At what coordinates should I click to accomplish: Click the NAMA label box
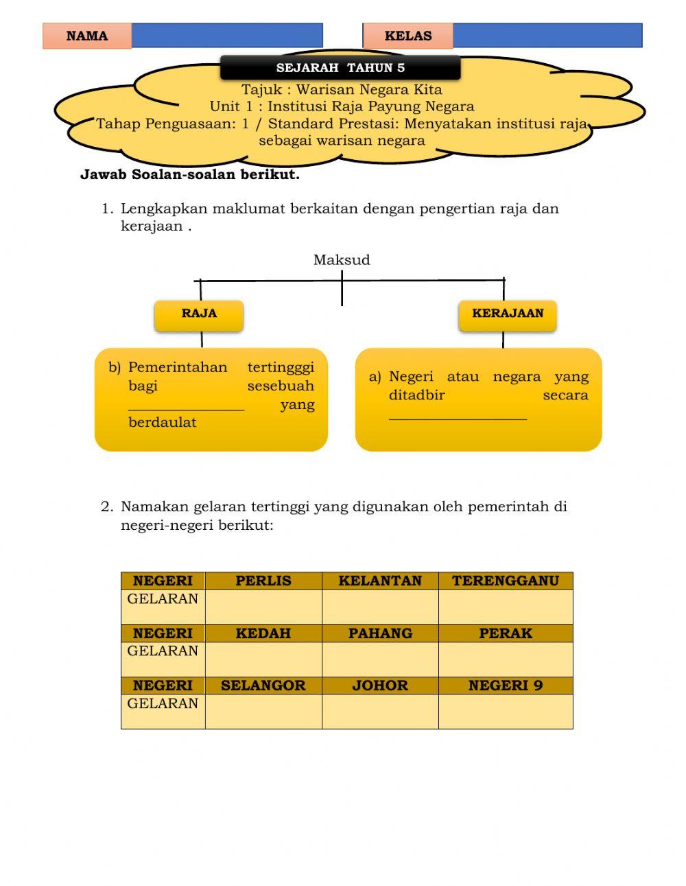(87, 36)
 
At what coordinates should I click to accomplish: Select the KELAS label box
(407, 36)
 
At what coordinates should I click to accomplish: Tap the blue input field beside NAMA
(226, 36)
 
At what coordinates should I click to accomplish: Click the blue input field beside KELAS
(547, 36)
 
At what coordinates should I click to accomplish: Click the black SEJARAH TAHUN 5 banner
(340, 67)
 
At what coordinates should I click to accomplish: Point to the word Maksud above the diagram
(342, 259)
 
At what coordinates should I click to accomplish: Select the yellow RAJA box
(199, 314)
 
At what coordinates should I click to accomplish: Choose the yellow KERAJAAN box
(507, 314)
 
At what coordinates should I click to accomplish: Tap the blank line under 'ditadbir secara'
(458, 413)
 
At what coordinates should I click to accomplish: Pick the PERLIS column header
(263, 581)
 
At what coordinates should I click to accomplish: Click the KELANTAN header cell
(380, 581)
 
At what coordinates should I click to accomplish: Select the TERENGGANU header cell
(506, 581)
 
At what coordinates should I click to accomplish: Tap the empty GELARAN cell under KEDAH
(263, 659)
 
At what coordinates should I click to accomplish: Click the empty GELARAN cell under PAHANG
(380, 659)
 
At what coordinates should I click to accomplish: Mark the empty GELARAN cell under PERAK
(506, 659)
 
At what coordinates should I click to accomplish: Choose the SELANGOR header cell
(263, 685)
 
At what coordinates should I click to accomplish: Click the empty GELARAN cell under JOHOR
(380, 711)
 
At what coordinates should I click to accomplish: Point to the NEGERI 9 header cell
(506, 685)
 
